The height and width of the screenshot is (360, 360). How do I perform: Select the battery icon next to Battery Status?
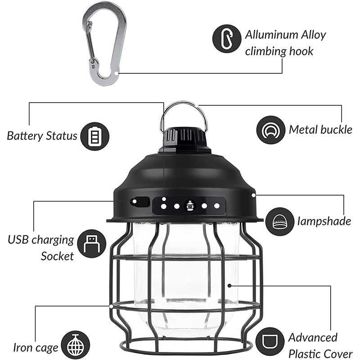pos(94,136)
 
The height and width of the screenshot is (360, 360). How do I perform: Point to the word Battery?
pos(25,136)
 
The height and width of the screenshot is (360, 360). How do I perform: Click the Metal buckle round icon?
pos(270,130)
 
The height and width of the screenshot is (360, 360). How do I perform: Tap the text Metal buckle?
pos(320,130)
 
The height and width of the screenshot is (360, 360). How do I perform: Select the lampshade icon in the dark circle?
pos(279,221)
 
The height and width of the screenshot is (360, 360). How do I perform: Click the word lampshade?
pos(324,221)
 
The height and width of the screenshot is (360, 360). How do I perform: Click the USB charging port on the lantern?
pos(139,201)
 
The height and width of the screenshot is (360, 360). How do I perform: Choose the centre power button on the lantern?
pos(190,205)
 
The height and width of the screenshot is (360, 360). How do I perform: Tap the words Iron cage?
pos(36,347)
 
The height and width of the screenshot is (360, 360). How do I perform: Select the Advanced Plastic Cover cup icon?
pos(270,342)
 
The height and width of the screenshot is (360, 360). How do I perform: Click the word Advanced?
pos(313,337)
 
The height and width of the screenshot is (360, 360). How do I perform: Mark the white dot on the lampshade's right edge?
pos(254,195)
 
